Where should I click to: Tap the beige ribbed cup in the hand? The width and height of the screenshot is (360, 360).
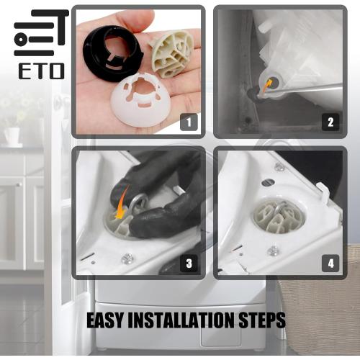pyautogui.click(x=172, y=54)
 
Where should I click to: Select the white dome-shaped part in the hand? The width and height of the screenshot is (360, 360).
pyautogui.click(x=141, y=101)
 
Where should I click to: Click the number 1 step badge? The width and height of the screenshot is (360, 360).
pyautogui.click(x=189, y=122)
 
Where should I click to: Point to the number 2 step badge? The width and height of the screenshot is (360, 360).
pyautogui.click(x=330, y=122)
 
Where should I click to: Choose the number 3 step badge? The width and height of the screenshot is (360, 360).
pyautogui.click(x=189, y=264)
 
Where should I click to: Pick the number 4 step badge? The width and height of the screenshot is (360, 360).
pyautogui.click(x=330, y=264)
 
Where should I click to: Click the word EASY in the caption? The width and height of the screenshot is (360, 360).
pyautogui.click(x=104, y=320)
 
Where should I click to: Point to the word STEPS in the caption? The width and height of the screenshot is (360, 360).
pyautogui.click(x=262, y=320)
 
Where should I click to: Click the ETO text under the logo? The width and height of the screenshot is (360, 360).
pyautogui.click(x=42, y=71)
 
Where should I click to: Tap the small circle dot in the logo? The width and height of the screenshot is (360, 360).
pyautogui.click(x=21, y=39)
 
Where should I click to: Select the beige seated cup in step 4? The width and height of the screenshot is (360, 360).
pyautogui.click(x=278, y=218)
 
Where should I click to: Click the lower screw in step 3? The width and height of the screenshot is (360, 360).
pyautogui.click(x=127, y=258)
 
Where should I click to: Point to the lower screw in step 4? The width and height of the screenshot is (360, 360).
pyautogui.click(x=273, y=251)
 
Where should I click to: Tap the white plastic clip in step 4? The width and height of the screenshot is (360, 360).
pyautogui.click(x=323, y=192)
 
